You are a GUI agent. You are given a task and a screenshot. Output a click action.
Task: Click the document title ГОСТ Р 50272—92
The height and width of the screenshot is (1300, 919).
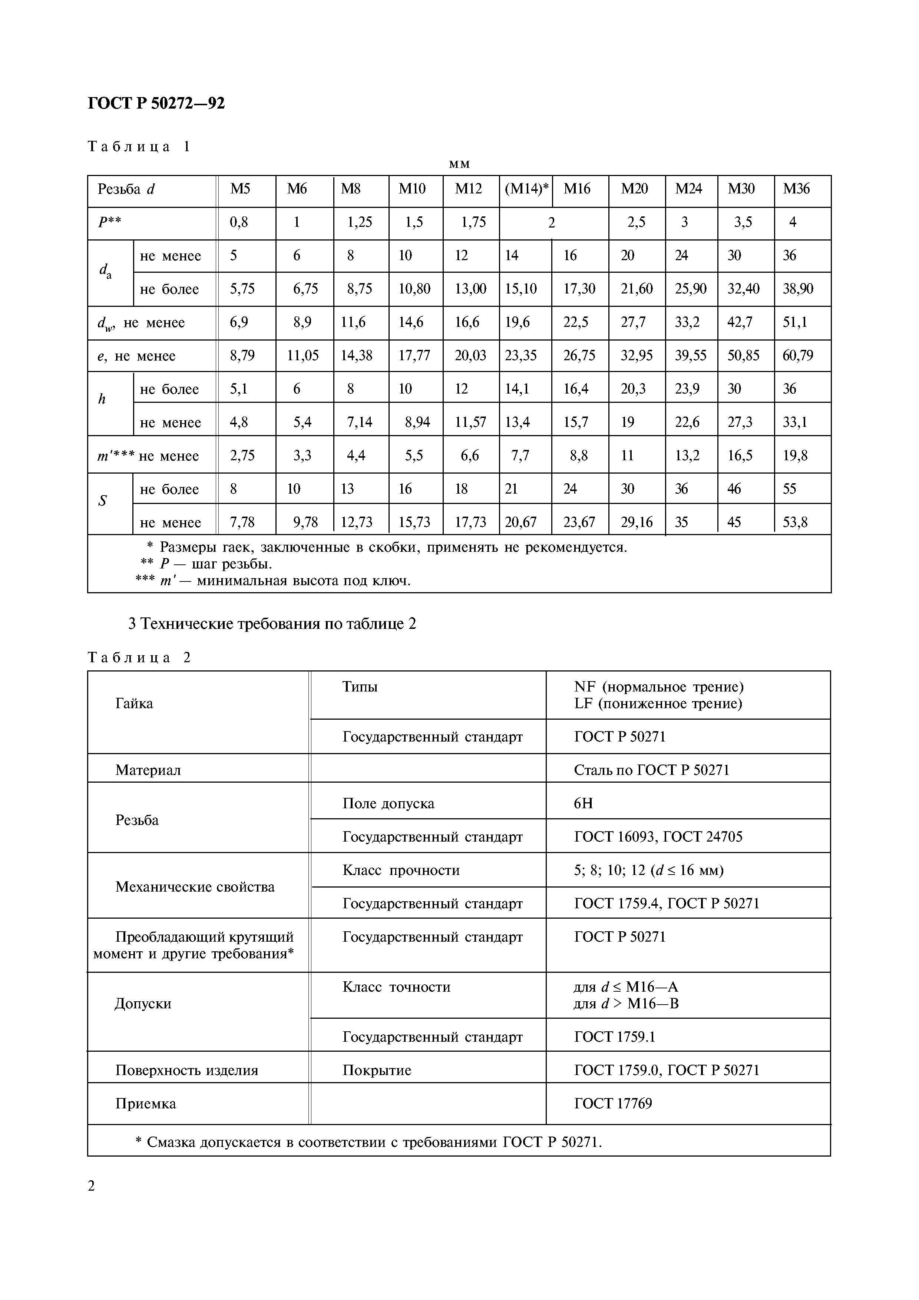pyautogui.click(x=156, y=103)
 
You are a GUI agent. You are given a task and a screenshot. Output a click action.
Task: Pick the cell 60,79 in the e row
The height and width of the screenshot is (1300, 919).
pyautogui.click(x=797, y=356)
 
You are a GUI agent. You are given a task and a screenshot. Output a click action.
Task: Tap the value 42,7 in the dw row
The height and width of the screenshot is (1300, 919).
pyautogui.click(x=740, y=322)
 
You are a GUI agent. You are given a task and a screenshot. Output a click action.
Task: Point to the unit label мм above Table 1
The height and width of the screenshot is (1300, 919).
pyautogui.click(x=459, y=164)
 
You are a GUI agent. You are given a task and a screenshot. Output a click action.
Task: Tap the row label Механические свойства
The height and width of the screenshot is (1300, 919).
pyautogui.click(x=195, y=887)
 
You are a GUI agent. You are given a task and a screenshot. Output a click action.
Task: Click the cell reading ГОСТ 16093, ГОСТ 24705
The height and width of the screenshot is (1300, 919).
pyautogui.click(x=658, y=837)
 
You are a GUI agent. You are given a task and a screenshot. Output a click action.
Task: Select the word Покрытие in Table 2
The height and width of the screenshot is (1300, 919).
pyautogui.click(x=377, y=1070)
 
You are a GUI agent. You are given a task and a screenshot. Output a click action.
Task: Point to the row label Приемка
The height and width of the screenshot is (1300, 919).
pyautogui.click(x=146, y=1104)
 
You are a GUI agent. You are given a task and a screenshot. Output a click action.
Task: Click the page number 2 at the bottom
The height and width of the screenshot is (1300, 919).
pyautogui.click(x=92, y=1185)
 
